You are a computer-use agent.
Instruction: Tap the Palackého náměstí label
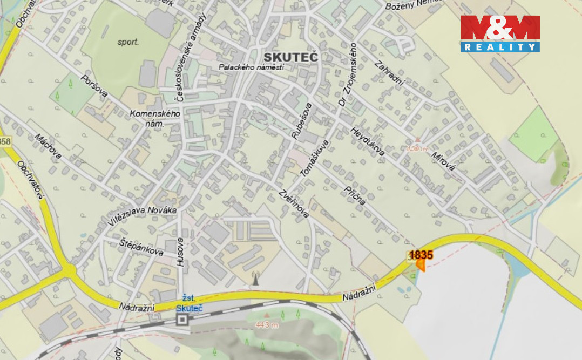(251, 67)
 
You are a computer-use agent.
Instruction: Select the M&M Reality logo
(500, 33)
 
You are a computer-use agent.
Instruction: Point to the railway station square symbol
(182, 320)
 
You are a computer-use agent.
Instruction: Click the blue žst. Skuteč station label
(189, 303)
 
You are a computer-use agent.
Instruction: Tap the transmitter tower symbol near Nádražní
(255, 279)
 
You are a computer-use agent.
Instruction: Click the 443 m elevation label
(267, 324)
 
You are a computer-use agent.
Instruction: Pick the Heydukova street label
(367, 141)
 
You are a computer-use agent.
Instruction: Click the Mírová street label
(443, 160)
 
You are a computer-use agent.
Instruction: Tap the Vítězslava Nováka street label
(142, 216)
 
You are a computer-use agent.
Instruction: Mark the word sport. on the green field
(128, 42)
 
